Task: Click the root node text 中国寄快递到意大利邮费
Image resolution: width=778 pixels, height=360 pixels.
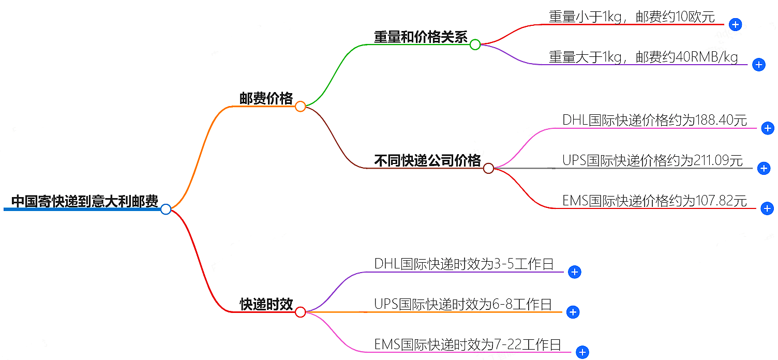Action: (x=84, y=201)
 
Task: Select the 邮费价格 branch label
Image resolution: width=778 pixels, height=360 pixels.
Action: (x=266, y=98)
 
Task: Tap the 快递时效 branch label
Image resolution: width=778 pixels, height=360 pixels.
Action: (x=266, y=304)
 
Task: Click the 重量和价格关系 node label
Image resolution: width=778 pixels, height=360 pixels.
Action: (x=421, y=37)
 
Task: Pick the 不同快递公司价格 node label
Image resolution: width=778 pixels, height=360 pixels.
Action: (x=427, y=160)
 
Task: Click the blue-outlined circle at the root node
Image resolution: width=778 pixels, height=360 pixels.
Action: (x=166, y=209)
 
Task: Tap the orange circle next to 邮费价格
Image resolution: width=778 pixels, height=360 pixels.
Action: (x=300, y=107)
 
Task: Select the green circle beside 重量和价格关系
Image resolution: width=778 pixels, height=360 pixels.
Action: (x=475, y=44)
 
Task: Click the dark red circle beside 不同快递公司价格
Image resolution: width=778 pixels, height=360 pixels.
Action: (x=488, y=168)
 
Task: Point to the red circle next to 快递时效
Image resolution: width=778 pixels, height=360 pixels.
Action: (x=300, y=312)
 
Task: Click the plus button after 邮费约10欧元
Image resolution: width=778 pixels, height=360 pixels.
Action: (x=735, y=24)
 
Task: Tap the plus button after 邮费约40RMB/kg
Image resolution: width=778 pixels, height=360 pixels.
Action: (x=758, y=65)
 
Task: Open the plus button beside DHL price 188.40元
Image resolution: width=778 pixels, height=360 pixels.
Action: (x=768, y=128)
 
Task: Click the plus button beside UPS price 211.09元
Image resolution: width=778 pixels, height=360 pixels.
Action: (x=764, y=168)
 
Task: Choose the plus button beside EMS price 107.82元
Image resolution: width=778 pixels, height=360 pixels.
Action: (x=768, y=208)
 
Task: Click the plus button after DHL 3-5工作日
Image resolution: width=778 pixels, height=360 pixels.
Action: (x=574, y=272)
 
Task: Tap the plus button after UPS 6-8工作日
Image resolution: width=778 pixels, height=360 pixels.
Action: (x=572, y=312)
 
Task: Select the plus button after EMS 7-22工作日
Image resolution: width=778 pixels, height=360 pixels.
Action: (x=582, y=352)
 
